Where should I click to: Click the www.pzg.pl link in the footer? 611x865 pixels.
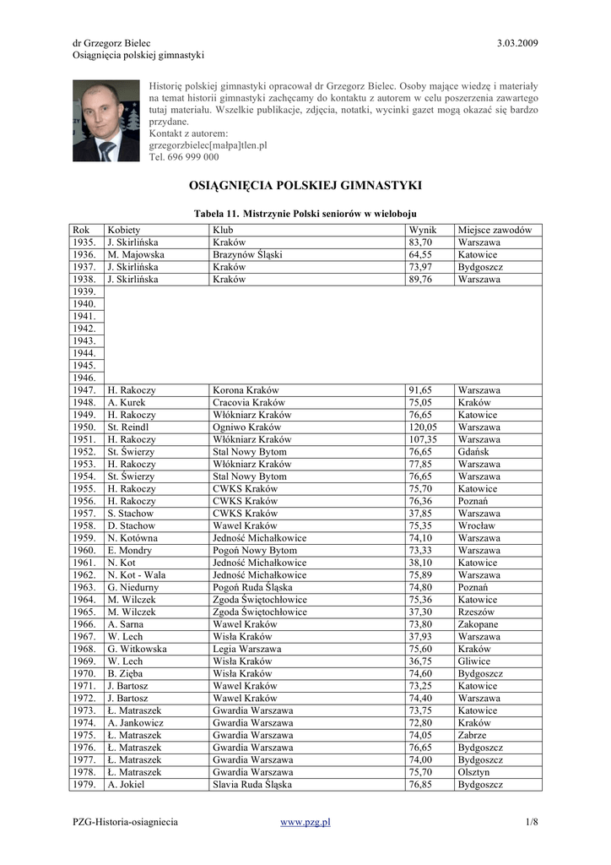coord(305,821)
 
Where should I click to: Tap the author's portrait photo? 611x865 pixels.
coord(106,121)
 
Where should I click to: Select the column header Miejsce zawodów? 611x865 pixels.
coord(495,230)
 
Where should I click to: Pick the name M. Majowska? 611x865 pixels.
coord(136,254)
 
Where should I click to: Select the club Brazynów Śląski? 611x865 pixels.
coord(247,254)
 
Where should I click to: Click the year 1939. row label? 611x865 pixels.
coord(84,291)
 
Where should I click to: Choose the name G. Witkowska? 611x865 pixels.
coord(137,650)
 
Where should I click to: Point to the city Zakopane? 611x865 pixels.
coord(479,625)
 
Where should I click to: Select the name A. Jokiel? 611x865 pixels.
coord(126,785)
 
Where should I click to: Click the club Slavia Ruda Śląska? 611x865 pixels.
coord(252,785)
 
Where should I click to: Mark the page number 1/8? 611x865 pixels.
coord(531,821)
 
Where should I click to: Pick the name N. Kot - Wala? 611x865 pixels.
coord(138,575)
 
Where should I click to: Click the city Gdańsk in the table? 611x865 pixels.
coord(473,452)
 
